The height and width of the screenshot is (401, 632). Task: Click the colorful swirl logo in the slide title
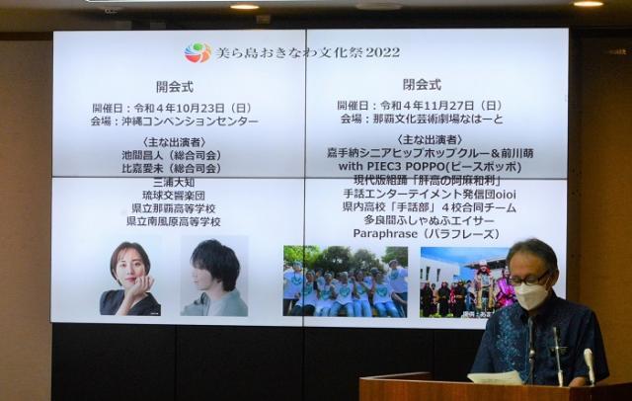197,52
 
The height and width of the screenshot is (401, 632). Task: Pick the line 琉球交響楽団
173,198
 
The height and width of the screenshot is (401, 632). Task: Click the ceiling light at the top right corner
588,4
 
